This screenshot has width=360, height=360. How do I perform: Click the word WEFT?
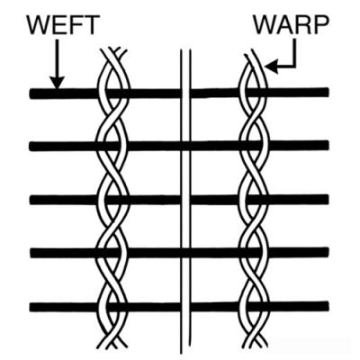click(63, 24)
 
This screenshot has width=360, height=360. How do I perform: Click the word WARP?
click(291, 24)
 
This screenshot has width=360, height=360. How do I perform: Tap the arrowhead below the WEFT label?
click(57, 83)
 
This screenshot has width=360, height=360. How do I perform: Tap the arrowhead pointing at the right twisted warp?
click(272, 67)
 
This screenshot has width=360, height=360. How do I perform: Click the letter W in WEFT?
click(39, 24)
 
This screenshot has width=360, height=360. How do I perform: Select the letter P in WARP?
click(320, 24)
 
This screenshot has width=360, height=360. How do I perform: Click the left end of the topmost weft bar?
click(31, 94)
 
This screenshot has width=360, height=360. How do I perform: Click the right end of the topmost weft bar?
click(328, 91)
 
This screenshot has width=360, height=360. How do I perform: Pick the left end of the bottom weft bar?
click(31, 308)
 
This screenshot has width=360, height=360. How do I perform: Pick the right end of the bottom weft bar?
click(328, 306)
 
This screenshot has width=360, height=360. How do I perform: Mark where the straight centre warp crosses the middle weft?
click(185, 200)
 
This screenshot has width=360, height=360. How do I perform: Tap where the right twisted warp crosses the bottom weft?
click(255, 307)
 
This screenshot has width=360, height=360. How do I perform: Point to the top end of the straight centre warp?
click(185, 50)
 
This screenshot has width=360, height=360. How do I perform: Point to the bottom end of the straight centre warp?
click(186, 353)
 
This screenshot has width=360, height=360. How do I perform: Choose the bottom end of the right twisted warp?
click(255, 345)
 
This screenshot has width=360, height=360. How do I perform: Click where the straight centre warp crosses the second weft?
click(185, 146)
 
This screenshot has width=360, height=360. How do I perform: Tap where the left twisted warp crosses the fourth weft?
click(112, 253)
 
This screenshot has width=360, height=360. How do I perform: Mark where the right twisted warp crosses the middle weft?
click(255, 200)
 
